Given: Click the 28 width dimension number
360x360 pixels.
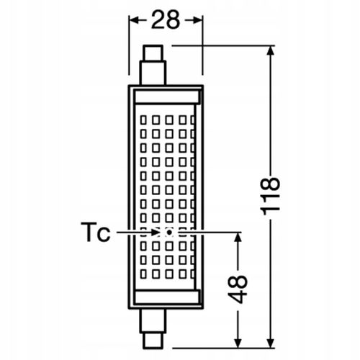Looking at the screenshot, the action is (166, 20).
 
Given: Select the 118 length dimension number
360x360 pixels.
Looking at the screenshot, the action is (271, 196).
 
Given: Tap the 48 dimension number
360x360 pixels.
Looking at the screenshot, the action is (238, 289).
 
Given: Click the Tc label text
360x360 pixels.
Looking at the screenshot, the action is (96, 232).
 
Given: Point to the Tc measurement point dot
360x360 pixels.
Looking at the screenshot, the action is (169, 233).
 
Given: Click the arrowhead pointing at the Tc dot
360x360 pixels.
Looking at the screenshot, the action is (156, 233).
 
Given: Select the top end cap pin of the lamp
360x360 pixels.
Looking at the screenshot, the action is (153, 53).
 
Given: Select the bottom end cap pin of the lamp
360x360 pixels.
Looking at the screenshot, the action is (153, 341).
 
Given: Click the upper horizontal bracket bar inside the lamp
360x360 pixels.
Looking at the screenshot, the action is (167, 96).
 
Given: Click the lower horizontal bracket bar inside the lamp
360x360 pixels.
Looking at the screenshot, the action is (167, 297).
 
